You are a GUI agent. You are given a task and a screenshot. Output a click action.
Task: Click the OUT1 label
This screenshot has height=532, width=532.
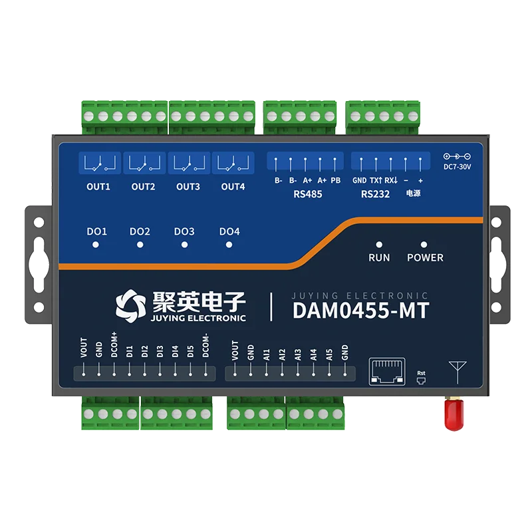98,187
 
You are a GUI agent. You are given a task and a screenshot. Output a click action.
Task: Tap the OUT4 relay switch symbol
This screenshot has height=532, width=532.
233,163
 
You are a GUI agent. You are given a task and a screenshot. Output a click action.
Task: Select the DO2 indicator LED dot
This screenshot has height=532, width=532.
140,245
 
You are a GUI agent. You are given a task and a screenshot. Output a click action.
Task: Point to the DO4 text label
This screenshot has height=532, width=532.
229,231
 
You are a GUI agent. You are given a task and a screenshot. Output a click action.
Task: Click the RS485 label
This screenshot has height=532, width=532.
308,194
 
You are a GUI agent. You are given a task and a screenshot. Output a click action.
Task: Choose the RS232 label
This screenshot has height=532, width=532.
375,194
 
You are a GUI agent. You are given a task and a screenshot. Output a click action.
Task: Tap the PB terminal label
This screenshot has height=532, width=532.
336,180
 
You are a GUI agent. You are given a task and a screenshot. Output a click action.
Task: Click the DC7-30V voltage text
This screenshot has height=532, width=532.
458,167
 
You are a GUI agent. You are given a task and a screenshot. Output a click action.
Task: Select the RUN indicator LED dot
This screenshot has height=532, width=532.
379,245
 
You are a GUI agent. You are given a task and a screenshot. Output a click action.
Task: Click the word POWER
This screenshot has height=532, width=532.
425,257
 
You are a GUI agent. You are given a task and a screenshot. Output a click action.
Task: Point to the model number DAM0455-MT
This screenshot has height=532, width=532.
361,310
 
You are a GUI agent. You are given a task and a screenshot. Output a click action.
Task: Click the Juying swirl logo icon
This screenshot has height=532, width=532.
130,306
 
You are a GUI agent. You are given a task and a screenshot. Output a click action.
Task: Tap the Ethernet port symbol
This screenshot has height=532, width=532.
387,372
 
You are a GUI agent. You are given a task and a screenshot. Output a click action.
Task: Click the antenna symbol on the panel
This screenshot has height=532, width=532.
458,372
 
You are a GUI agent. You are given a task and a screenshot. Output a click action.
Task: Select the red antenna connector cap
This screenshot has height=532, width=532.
454,414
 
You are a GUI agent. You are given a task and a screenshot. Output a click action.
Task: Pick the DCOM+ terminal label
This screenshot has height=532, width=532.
114,344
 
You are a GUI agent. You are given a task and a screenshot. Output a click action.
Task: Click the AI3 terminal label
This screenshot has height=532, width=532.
297,354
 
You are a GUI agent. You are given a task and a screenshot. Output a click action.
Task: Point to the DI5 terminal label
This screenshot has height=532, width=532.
190,352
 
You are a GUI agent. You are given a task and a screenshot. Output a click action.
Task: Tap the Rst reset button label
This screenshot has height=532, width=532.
421,373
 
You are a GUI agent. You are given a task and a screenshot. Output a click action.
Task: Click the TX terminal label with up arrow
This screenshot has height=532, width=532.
376,180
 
